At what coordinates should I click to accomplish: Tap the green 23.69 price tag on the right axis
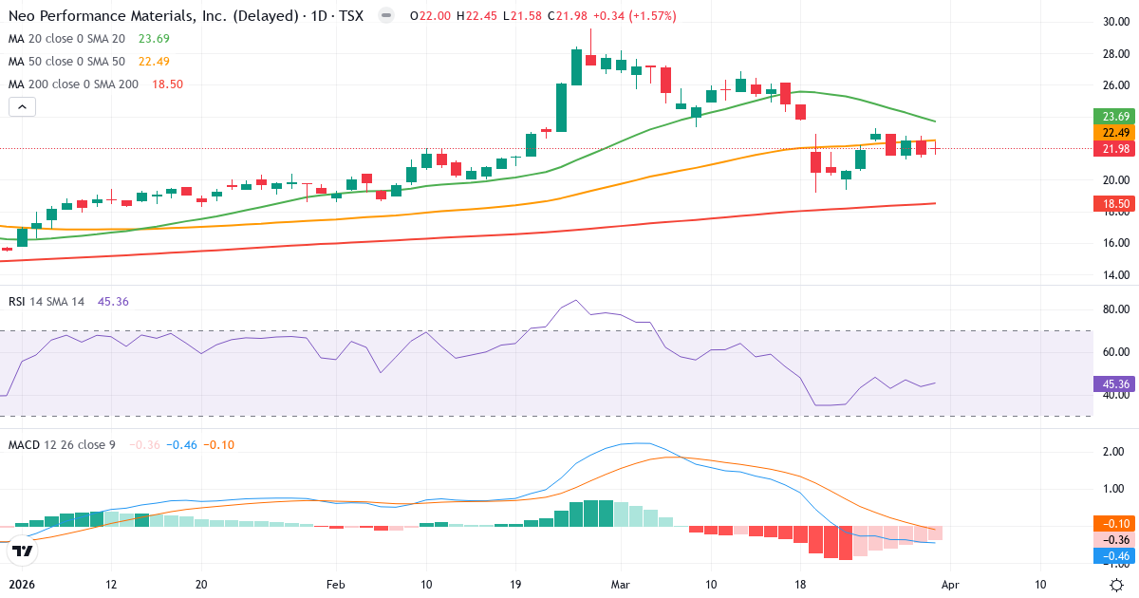click(1115, 117)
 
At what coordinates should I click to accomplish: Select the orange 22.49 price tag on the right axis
click(1115, 133)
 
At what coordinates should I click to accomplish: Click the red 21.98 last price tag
click(1115, 149)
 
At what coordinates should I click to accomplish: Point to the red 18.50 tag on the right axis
click(1115, 204)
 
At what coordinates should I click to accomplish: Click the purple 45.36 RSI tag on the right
click(1115, 384)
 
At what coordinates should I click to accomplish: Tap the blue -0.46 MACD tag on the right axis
click(1115, 555)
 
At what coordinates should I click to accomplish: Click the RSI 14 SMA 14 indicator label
click(47, 301)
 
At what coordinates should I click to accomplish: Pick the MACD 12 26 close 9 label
click(62, 444)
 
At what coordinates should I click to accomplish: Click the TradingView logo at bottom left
click(23, 551)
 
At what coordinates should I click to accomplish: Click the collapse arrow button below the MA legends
click(22, 107)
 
